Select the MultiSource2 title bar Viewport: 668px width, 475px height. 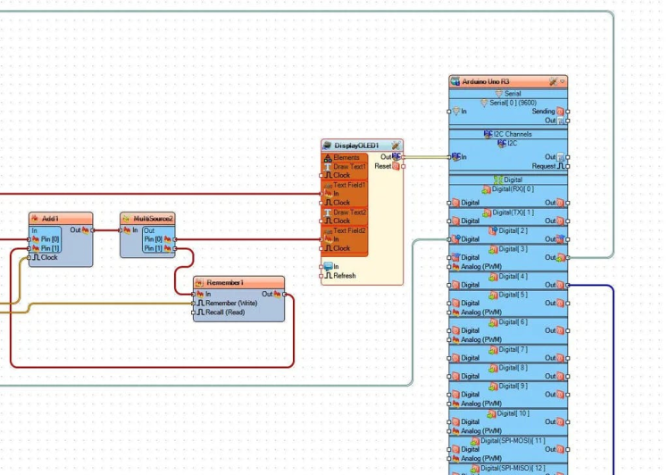tap(147, 219)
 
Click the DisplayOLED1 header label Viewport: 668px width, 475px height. tap(356, 146)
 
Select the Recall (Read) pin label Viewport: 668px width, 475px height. tap(225, 312)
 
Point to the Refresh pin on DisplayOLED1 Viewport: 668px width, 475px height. tap(344, 276)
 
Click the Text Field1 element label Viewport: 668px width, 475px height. tap(349, 185)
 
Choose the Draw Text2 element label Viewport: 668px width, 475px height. tap(349, 212)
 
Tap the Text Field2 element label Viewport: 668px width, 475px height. tap(349, 230)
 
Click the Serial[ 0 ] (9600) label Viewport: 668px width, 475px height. tap(512, 103)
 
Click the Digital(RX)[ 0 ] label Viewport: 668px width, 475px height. tap(513, 189)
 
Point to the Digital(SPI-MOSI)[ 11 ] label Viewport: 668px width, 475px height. tap(512, 440)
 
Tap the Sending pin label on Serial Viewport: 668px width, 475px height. tap(543, 112)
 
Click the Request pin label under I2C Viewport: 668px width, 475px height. tap(544, 166)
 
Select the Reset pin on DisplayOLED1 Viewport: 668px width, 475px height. tap(382, 166)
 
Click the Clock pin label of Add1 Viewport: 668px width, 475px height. tap(49, 257)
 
